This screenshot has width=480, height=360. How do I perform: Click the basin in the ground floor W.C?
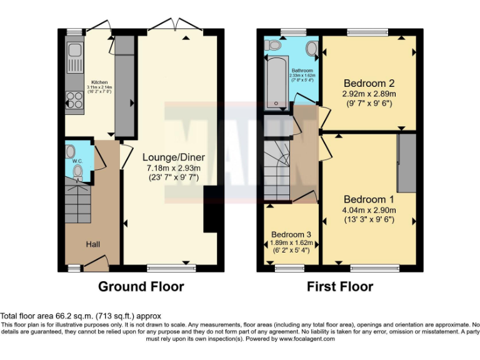70,151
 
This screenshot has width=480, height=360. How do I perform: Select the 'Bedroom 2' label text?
369,83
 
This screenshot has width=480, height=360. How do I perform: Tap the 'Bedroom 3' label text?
291,235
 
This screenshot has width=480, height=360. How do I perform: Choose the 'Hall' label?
92,243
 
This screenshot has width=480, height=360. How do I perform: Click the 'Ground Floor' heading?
141,287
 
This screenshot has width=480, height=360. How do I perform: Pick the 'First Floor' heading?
340,287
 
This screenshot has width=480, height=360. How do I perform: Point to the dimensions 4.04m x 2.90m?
369,209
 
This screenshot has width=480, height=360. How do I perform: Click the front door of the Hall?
95,265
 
